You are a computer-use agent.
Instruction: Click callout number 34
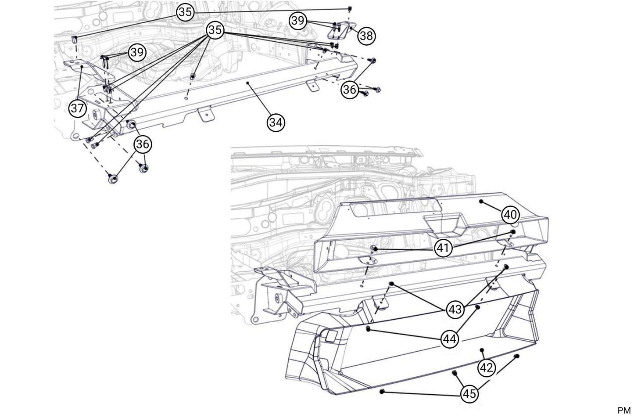point(276,122)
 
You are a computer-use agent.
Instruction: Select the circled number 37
point(77,108)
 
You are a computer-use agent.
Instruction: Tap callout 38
point(366,36)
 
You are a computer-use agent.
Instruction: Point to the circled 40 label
point(510,215)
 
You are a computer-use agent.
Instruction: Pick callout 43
point(455,310)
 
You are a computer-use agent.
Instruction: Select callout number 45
point(469,394)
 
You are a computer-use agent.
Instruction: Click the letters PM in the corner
point(623,411)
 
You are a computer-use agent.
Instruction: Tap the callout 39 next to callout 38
point(298,21)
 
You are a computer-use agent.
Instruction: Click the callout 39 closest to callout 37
point(137,53)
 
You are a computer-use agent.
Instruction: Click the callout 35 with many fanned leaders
point(215,30)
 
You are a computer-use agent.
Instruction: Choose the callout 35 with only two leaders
point(186,12)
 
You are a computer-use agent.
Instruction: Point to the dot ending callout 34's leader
point(248,83)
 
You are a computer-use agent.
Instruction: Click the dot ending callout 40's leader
point(481,201)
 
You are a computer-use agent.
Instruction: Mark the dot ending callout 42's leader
point(482,350)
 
